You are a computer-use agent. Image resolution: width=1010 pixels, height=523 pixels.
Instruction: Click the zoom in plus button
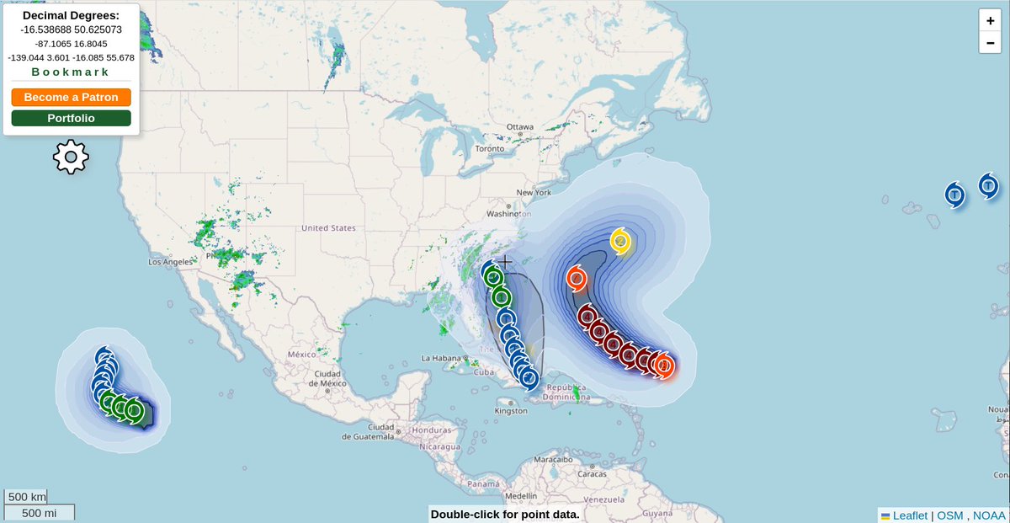click(x=990, y=21)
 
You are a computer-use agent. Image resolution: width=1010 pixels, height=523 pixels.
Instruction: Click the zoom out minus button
click(x=990, y=42)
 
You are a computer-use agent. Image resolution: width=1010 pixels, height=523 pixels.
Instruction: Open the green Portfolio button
click(x=71, y=118)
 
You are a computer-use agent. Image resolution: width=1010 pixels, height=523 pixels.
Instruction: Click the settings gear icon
click(x=71, y=157)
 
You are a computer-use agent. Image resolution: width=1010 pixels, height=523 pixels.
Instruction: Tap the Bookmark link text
click(x=71, y=72)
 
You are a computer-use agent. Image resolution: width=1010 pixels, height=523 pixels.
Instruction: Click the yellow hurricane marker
click(x=620, y=241)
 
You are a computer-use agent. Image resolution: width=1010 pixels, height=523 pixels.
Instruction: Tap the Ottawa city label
click(x=520, y=127)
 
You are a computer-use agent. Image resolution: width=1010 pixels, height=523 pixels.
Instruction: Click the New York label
click(x=534, y=192)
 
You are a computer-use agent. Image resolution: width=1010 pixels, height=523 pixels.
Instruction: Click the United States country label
click(x=328, y=228)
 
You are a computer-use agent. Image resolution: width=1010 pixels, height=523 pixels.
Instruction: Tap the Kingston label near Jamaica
click(x=511, y=411)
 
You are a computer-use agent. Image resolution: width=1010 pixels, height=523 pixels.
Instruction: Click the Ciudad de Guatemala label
click(x=370, y=432)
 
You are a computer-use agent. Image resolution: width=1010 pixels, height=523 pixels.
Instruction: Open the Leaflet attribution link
click(x=909, y=515)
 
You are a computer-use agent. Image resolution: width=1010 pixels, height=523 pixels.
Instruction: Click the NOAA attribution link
click(x=989, y=515)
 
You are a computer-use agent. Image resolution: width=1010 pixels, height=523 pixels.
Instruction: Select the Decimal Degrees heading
click(x=71, y=15)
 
